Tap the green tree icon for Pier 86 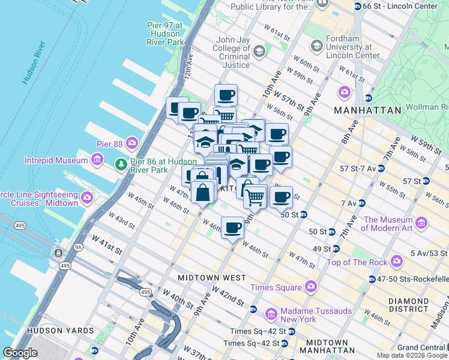point(121,164)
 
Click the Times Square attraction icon point(310,287)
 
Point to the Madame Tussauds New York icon point(271,314)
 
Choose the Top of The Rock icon point(396,261)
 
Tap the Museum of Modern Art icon point(421,224)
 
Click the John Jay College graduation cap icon point(259,52)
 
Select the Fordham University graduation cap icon point(316,46)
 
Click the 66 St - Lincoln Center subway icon point(358,7)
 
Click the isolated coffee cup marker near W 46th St point(232,227)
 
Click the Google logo point(20,353)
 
